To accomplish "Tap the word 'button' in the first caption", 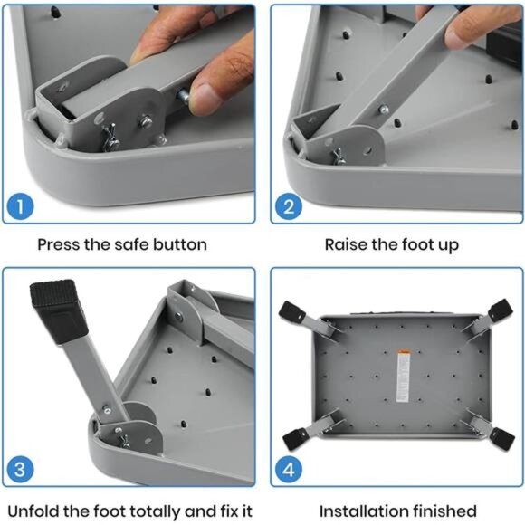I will point(177,244).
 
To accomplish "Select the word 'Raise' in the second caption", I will point(347,244).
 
